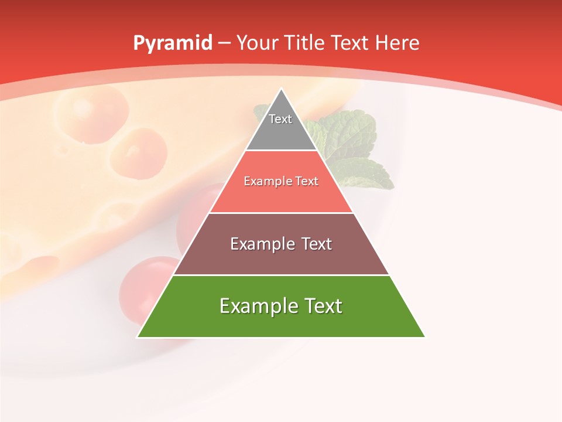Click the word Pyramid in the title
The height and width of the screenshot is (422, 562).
click(x=173, y=43)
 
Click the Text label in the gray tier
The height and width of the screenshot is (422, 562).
click(x=280, y=119)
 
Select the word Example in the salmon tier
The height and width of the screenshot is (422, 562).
click(x=267, y=181)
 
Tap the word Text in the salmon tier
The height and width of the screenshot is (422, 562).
click(x=307, y=181)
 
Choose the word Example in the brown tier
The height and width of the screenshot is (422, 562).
click(x=261, y=244)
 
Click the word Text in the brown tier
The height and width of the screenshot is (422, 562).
click(x=317, y=244)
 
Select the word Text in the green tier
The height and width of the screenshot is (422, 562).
click(x=323, y=306)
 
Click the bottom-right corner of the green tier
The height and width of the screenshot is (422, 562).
click(x=425, y=337)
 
